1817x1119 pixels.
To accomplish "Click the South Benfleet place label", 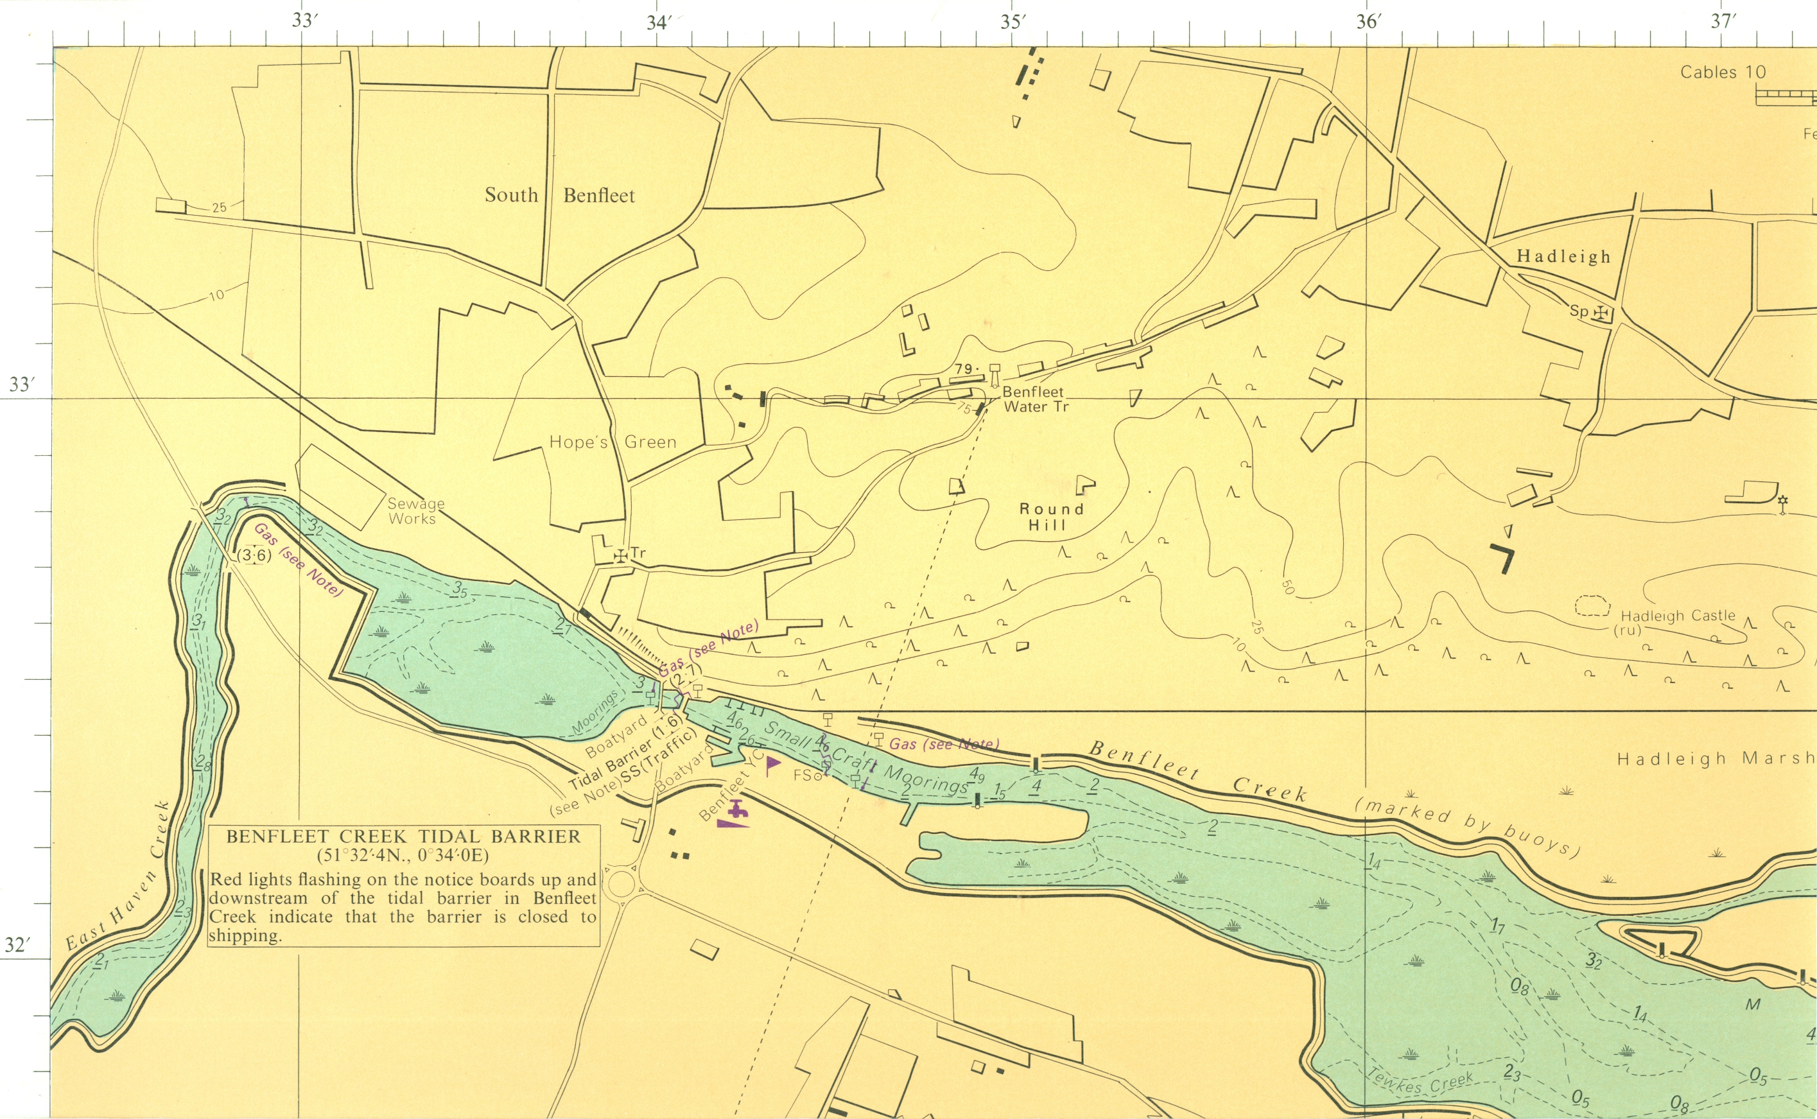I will click(x=559, y=195).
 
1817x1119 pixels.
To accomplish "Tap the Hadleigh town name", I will click(x=1563, y=257).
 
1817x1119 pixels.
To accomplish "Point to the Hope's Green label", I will click(x=613, y=442).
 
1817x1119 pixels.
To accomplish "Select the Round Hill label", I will click(x=1051, y=517).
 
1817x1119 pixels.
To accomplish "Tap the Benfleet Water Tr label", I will click(x=1035, y=399).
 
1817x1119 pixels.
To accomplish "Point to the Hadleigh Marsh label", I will click(x=1716, y=759).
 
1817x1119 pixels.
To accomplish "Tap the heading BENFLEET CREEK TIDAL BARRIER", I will click(x=403, y=837).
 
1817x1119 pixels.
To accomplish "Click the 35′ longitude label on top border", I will click(x=1013, y=22).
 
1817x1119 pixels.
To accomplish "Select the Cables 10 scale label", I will click(x=1722, y=73).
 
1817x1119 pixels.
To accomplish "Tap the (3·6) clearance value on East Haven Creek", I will click(x=254, y=555).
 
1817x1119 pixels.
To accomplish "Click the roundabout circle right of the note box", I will click(x=620, y=883).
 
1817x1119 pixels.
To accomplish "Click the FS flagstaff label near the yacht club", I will click(x=804, y=776).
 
